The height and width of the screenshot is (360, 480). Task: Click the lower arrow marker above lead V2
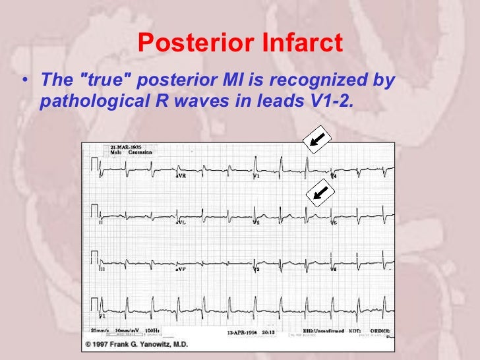coord(321,192)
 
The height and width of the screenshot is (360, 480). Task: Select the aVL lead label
coord(179,224)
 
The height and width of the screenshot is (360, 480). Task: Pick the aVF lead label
coord(179,270)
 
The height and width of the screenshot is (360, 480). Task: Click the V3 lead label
coord(257,270)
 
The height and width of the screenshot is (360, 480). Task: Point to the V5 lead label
coord(334,224)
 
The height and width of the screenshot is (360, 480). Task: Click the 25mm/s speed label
coord(102,330)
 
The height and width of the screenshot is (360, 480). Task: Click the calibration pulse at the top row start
coord(95,164)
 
